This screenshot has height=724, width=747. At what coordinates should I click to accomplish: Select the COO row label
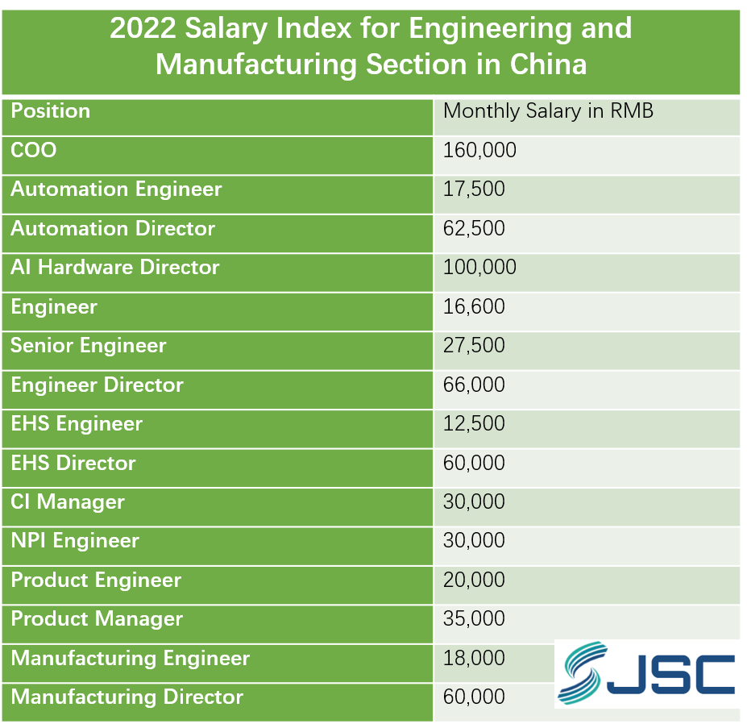tap(34, 150)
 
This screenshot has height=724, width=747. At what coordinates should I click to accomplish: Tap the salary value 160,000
tap(479, 150)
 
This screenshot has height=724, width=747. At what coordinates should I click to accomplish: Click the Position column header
tap(50, 110)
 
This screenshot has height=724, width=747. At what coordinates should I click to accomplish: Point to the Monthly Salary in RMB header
tap(548, 110)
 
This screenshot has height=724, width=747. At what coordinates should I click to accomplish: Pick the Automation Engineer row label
tap(116, 189)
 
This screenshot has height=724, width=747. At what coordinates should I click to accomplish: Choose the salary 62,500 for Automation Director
tap(474, 228)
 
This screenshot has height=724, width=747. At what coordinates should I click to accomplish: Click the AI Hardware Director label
tap(114, 267)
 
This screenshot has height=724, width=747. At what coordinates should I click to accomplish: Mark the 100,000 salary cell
tap(479, 267)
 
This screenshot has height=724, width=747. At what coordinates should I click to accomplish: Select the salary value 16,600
tap(474, 306)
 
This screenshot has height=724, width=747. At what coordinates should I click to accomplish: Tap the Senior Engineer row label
tap(89, 345)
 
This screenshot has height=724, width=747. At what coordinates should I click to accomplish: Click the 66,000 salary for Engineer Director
tap(474, 385)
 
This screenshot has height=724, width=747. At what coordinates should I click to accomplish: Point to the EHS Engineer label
tap(77, 423)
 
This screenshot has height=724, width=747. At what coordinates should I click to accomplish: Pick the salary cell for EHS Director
tap(474, 463)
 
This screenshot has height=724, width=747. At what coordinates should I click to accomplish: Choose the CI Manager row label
tap(68, 501)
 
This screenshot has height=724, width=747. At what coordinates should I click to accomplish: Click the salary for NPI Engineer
tap(474, 540)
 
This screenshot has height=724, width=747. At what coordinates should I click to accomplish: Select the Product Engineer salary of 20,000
tap(474, 580)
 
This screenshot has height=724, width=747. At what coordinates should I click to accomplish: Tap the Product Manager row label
tap(97, 618)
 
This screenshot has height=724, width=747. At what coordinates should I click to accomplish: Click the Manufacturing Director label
tap(127, 697)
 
